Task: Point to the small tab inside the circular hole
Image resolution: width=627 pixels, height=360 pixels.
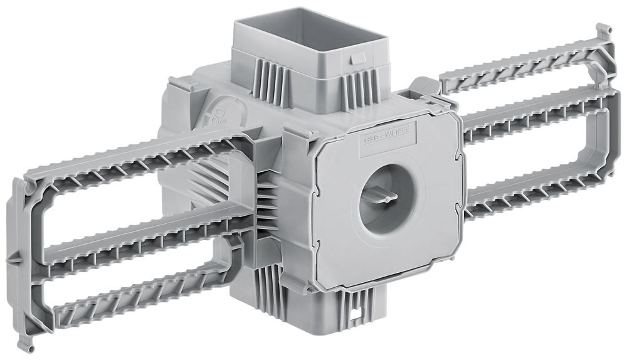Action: point(381,198)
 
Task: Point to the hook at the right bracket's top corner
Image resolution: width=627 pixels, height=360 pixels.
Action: point(603,31)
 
